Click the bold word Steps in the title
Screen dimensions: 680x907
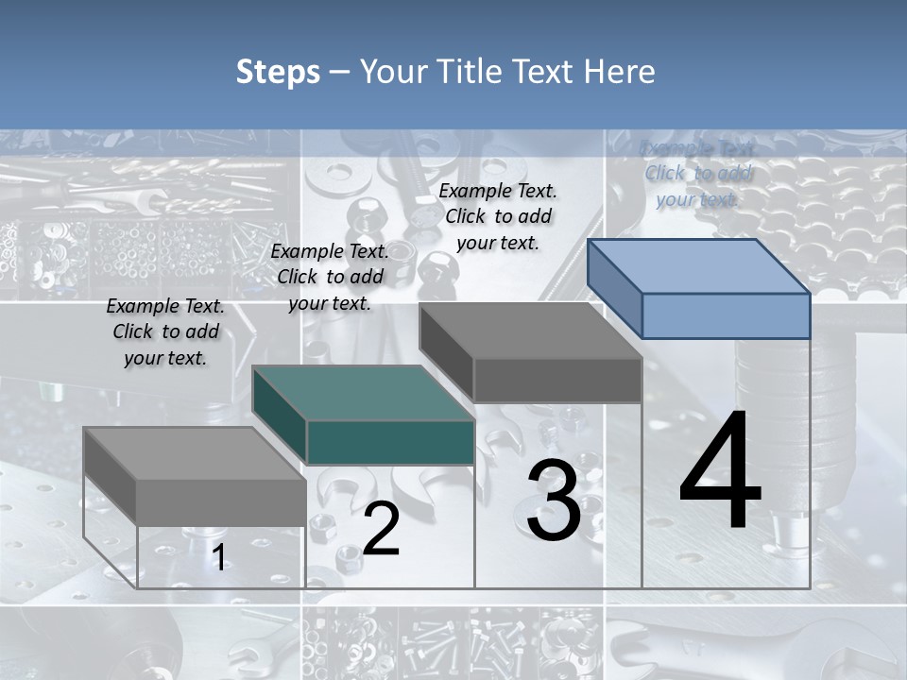278,72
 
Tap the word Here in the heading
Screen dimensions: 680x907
620,72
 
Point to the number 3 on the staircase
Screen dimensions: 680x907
553,501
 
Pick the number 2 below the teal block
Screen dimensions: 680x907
381,529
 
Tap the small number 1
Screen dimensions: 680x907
218,558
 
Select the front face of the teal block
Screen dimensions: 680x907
390,442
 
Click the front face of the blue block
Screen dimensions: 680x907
726,315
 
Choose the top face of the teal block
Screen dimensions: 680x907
363,393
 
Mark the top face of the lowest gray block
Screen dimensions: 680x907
194,453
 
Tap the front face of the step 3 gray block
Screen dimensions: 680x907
557,380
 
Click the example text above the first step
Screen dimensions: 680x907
165,331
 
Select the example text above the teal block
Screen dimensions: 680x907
330,277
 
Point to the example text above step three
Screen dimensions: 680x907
498,216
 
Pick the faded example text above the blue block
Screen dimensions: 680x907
697,173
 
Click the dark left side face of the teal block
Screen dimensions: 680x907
281,416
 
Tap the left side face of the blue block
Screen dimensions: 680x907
615,289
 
